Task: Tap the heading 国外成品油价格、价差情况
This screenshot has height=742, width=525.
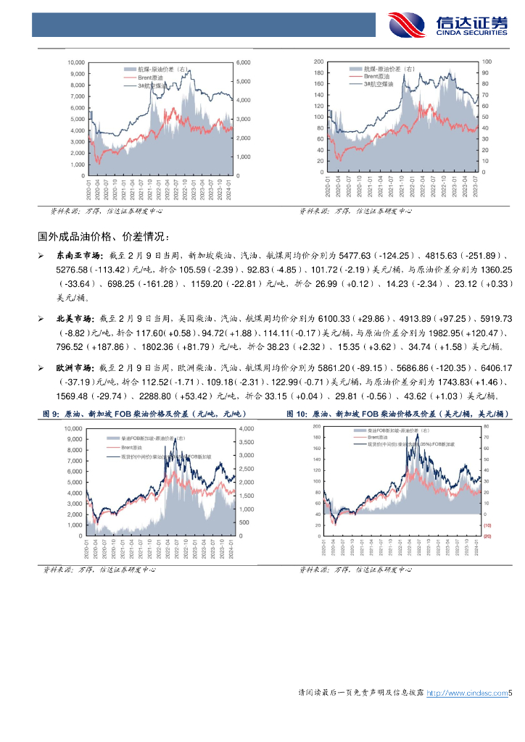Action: click(104, 236)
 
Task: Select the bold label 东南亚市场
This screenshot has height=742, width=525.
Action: click(75, 256)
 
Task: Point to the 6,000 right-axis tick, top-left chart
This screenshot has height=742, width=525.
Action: click(243, 62)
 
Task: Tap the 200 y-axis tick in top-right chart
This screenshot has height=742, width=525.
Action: click(319, 62)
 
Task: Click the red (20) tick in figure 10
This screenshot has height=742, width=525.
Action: click(487, 535)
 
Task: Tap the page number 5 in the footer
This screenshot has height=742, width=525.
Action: click(510, 693)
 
